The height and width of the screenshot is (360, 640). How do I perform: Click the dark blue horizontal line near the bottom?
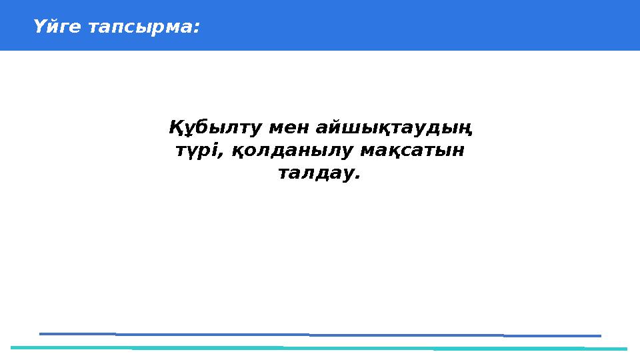point(320,335)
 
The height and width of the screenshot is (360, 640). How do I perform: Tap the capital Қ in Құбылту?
point(176,126)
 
